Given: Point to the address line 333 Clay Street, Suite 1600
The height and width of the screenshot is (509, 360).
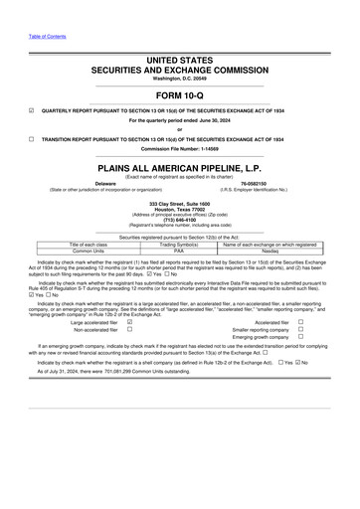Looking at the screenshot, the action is pyautogui.click(x=179, y=204).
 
